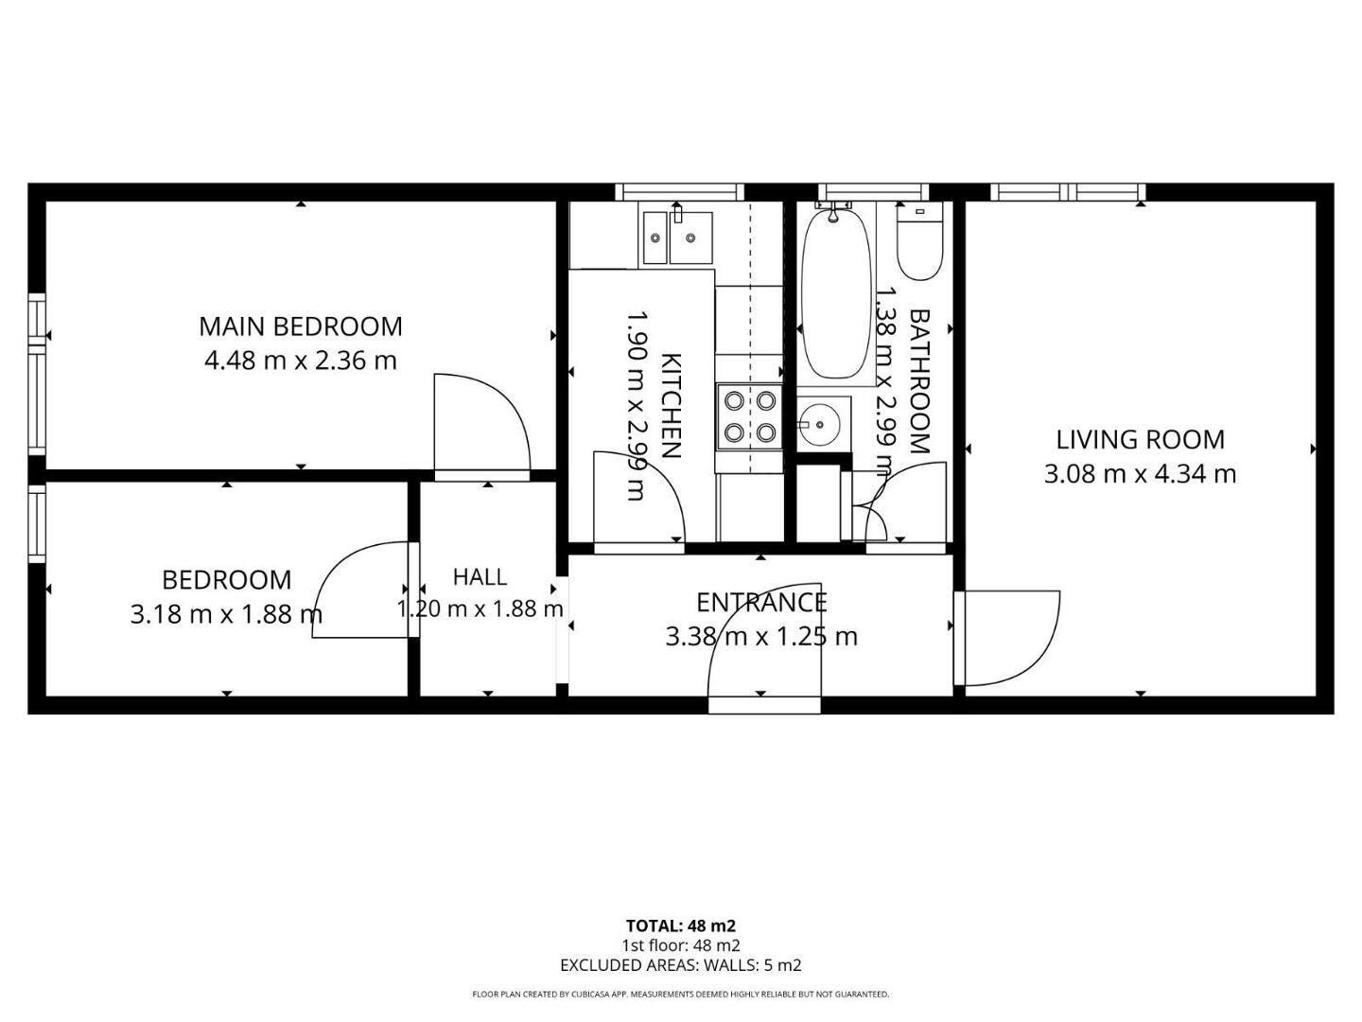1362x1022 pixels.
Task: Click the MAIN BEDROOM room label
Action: pos(301,327)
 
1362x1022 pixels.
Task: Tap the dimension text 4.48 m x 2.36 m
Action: pos(301,361)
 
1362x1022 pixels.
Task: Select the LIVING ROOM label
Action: pos(1141,440)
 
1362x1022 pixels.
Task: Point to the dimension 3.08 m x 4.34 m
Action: pos(1141,475)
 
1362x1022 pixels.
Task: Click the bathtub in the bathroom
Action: pos(836,293)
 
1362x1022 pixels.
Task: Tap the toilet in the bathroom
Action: pos(920,242)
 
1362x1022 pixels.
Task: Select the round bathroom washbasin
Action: pos(820,425)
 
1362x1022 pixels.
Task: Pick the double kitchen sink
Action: pos(677,238)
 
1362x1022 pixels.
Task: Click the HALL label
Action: pos(480,577)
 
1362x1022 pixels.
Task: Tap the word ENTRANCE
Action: pos(761,603)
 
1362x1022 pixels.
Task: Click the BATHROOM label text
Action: pos(919,381)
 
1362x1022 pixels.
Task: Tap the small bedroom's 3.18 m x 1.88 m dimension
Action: pos(226,614)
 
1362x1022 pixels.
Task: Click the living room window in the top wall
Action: pos(1067,192)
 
